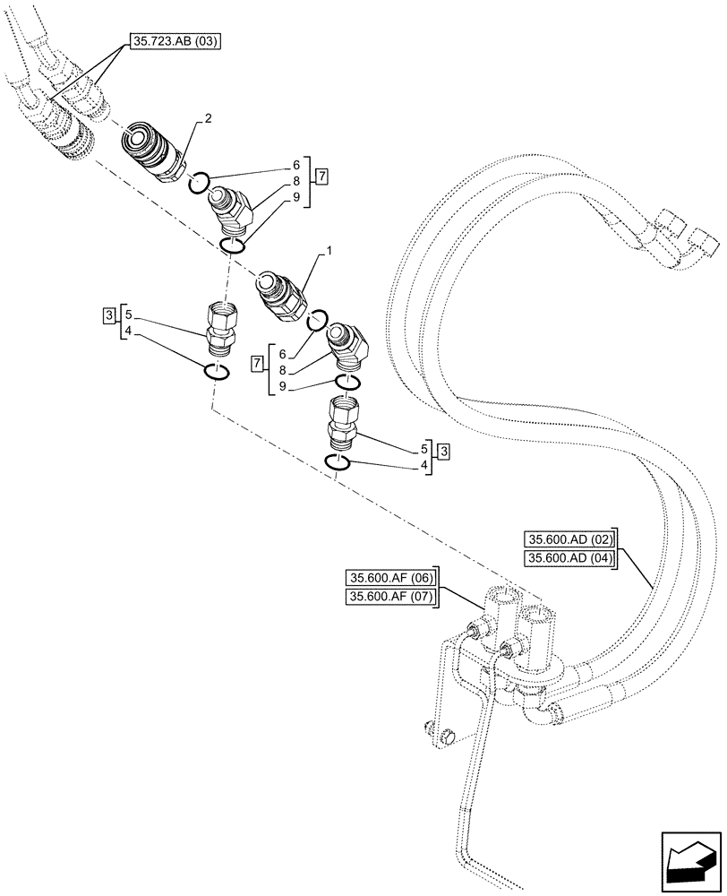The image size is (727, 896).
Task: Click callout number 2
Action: click(x=208, y=117)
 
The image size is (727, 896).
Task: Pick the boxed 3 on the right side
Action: click(x=444, y=451)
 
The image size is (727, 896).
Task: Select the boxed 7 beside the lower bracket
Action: click(x=258, y=363)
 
